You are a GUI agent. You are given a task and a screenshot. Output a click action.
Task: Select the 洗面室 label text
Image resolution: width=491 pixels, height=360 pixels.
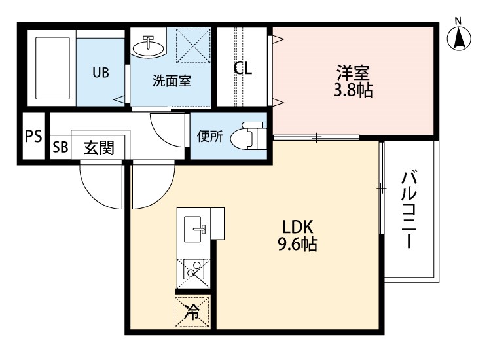tap(172, 82)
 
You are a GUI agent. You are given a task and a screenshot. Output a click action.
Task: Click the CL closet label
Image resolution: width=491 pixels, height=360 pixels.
tap(244, 68)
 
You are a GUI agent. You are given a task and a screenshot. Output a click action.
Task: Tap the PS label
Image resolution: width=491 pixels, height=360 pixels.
tap(33, 136)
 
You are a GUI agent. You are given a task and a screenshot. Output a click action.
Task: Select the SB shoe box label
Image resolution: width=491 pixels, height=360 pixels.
tap(60, 148)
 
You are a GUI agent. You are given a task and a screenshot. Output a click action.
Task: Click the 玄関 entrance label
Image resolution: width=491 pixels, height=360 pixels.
tap(99, 148)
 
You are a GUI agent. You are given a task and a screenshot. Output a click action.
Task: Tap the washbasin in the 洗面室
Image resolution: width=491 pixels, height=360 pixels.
tap(149, 46)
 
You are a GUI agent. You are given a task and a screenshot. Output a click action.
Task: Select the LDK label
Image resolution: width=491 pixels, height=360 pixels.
tap(299, 226)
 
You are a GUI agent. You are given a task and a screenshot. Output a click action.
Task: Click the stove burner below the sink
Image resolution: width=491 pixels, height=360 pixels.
tap(192, 269)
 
